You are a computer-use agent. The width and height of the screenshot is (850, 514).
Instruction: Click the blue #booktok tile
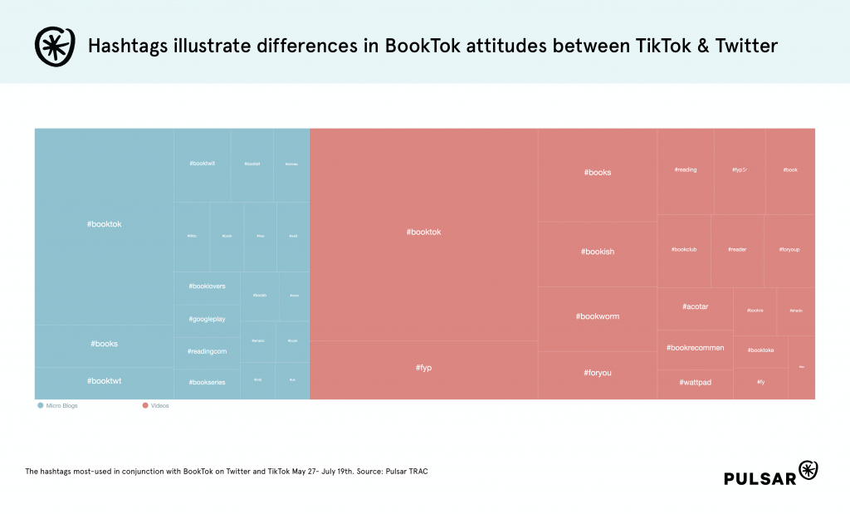tap(104, 224)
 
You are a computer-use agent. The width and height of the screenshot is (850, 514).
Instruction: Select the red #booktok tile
tap(423, 233)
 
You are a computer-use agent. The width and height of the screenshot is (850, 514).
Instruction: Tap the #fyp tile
tap(423, 367)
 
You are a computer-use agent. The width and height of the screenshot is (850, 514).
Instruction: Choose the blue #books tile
tap(104, 344)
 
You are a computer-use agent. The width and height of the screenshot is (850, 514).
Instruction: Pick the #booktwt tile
tap(104, 381)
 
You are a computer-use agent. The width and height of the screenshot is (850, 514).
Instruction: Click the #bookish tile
tap(597, 252)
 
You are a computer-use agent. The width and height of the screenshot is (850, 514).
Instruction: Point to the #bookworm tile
tap(597, 316)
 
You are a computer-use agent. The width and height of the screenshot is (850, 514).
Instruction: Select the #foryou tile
tap(597, 373)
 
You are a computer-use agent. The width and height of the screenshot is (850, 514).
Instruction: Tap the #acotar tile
tap(695, 307)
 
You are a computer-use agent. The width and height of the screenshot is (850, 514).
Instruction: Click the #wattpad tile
tap(695, 383)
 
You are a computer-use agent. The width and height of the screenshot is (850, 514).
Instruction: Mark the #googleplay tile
tap(207, 319)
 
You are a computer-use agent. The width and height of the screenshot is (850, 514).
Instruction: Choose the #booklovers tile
tap(207, 287)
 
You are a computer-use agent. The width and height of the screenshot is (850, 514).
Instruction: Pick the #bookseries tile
tap(207, 382)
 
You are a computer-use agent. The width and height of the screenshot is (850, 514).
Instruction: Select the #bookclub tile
tap(683, 249)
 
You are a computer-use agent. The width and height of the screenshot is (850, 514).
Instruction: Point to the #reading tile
tap(686, 169)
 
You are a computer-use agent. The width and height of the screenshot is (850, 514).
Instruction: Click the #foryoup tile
tap(789, 249)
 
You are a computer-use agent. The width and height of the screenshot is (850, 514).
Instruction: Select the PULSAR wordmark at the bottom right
tap(759, 478)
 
